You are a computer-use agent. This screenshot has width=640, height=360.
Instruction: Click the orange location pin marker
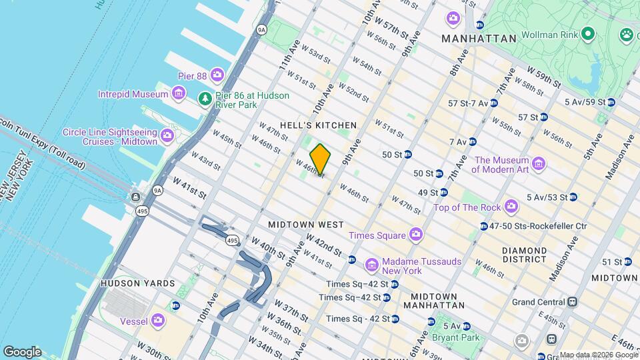coord(320,159)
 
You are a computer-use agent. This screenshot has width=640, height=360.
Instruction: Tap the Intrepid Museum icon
coord(178,94)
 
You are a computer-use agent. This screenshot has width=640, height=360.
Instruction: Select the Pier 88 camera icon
coord(217,75)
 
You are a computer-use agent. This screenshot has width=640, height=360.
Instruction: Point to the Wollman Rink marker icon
coord(587,33)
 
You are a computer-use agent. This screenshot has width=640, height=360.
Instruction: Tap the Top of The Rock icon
coord(511,207)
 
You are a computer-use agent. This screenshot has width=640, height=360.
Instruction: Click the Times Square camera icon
coord(416,235)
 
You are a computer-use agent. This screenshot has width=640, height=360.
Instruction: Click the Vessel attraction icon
coord(158,320)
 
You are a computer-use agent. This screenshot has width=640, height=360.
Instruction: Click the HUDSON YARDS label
coord(137,283)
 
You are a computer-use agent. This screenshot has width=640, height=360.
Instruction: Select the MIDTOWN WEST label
coord(305,225)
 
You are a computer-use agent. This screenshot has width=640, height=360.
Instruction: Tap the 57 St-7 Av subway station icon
coord(493,103)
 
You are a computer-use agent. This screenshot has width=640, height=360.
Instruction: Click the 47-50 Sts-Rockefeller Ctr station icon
coord(483,227)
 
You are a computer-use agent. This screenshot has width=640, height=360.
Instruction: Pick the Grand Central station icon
coord(571,302)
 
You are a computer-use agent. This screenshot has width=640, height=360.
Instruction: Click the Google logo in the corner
coord(22,351)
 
